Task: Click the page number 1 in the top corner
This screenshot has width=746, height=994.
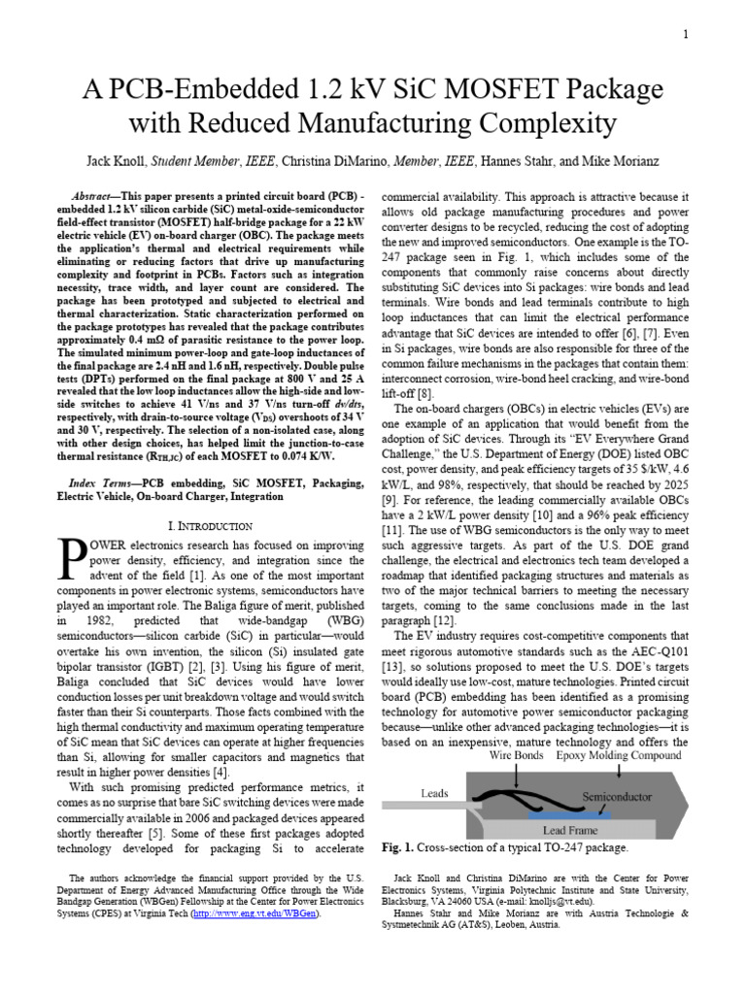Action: coord(686,36)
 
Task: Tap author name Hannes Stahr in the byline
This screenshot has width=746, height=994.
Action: coord(511,161)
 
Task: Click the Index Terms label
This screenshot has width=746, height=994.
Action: coord(100,482)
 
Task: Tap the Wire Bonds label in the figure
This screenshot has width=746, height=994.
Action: coord(516,754)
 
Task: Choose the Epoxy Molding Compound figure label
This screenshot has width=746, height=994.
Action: coord(613,754)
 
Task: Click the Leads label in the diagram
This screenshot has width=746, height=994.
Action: coord(434,793)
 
